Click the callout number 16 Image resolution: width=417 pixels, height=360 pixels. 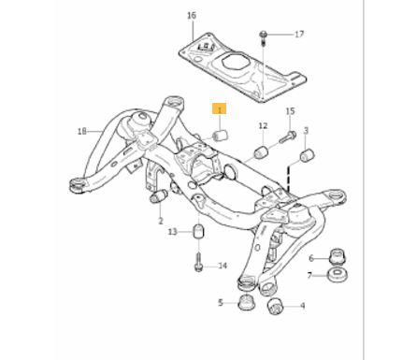pyautogui.click(x=192, y=15)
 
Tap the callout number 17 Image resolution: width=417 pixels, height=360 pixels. pyautogui.click(x=299, y=34)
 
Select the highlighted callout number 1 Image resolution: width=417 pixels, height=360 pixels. pyautogui.click(x=220, y=109)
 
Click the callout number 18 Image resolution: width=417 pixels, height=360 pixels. pyautogui.click(x=81, y=132)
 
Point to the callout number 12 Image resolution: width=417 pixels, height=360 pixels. pyautogui.click(x=263, y=125)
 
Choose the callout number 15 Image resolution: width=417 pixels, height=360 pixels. pyautogui.click(x=290, y=111)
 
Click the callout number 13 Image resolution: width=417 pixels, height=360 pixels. pyautogui.click(x=173, y=232)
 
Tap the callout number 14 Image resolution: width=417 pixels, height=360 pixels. pyautogui.click(x=223, y=266)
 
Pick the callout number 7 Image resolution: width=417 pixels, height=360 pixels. pyautogui.click(x=309, y=276)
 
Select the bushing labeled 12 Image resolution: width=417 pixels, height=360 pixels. pyautogui.click(x=262, y=151)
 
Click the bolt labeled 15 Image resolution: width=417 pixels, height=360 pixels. pyautogui.click(x=288, y=137)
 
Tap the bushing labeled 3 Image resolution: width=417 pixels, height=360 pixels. pyautogui.click(x=308, y=155)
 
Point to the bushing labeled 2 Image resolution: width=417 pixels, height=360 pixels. pyautogui.click(x=159, y=196)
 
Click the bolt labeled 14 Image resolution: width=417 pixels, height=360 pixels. pyautogui.click(x=198, y=263)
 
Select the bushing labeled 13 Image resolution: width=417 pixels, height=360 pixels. pyautogui.click(x=198, y=231)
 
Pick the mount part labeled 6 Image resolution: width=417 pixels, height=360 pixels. pyautogui.click(x=338, y=256)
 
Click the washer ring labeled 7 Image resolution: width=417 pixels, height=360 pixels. pyautogui.click(x=338, y=275)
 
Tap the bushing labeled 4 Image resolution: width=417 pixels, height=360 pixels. pyautogui.click(x=275, y=307)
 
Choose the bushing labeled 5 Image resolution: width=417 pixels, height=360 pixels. pyautogui.click(x=246, y=303)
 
